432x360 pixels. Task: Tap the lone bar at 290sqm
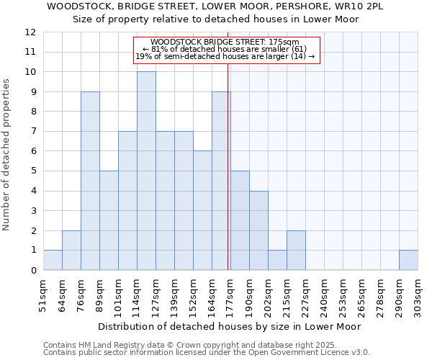(408, 260)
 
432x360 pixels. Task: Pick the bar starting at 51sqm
(53, 260)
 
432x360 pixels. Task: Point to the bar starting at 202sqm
(277, 260)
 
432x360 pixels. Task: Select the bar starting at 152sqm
(202, 210)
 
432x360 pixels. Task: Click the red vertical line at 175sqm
(228, 180)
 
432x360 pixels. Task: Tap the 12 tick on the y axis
(30, 32)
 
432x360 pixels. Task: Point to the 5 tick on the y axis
(33, 171)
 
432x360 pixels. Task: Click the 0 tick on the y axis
(33, 271)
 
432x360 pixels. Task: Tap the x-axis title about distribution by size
(229, 326)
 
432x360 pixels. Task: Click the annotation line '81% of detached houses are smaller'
(226, 49)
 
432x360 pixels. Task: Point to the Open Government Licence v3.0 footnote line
(207, 353)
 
